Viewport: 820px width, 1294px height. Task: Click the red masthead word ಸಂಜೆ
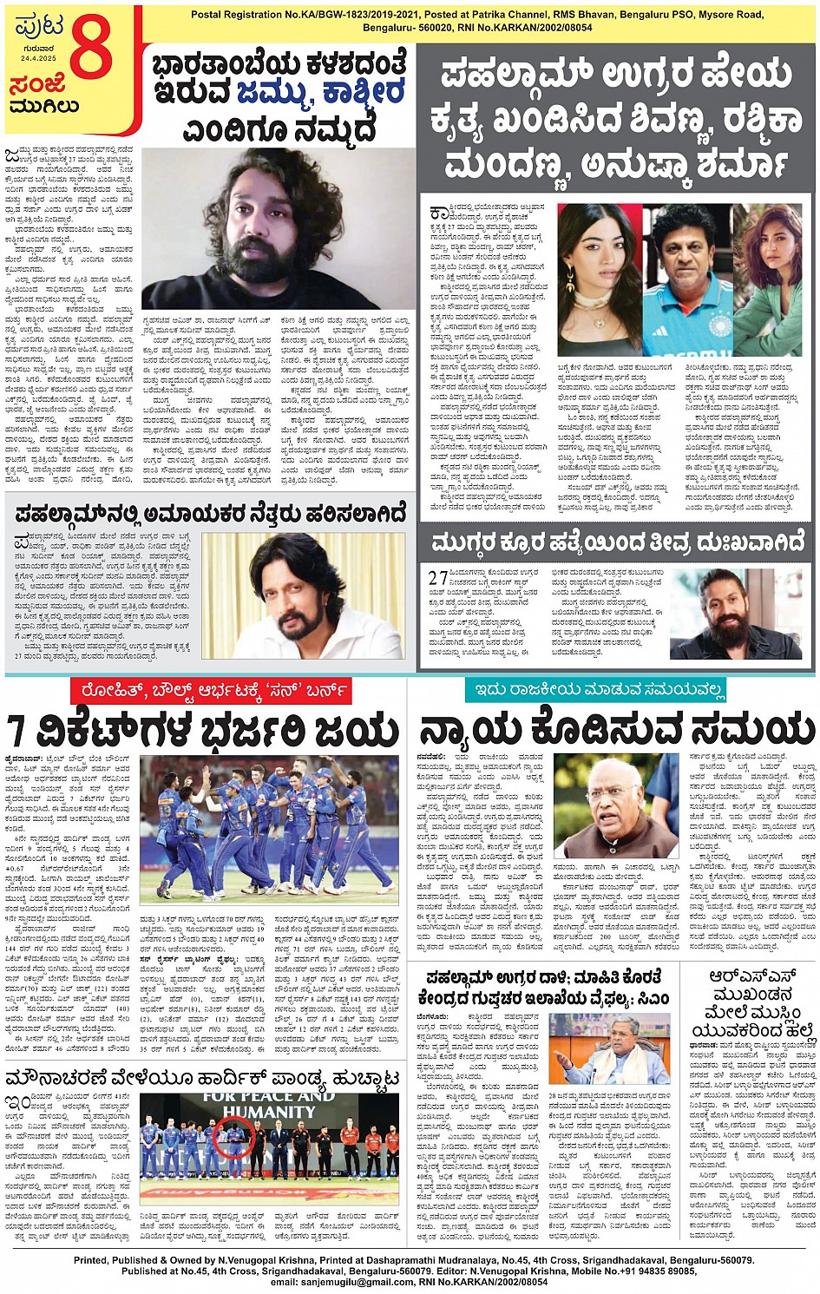37,85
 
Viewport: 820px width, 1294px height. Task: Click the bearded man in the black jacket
734,614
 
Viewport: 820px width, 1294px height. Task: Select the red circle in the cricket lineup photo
234,1137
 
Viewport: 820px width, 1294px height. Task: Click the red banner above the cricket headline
211,691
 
